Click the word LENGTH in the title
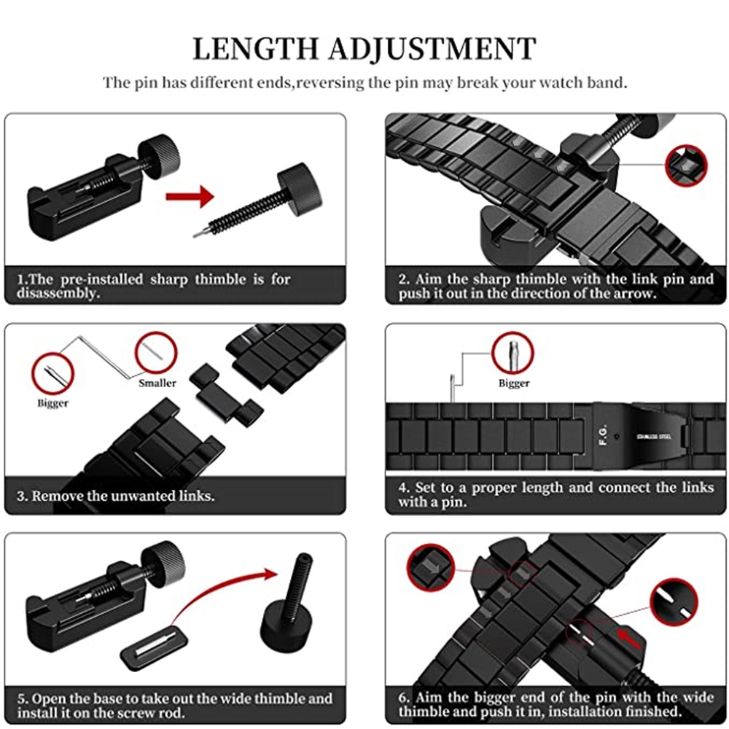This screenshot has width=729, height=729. coord(254,49)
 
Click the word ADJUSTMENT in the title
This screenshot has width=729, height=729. coord(431,49)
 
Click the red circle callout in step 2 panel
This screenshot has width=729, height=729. coord(686,165)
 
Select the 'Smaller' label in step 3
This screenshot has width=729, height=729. coord(157,383)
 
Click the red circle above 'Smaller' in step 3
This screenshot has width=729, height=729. coord(156,353)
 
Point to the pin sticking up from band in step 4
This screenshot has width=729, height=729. coord(452,387)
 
